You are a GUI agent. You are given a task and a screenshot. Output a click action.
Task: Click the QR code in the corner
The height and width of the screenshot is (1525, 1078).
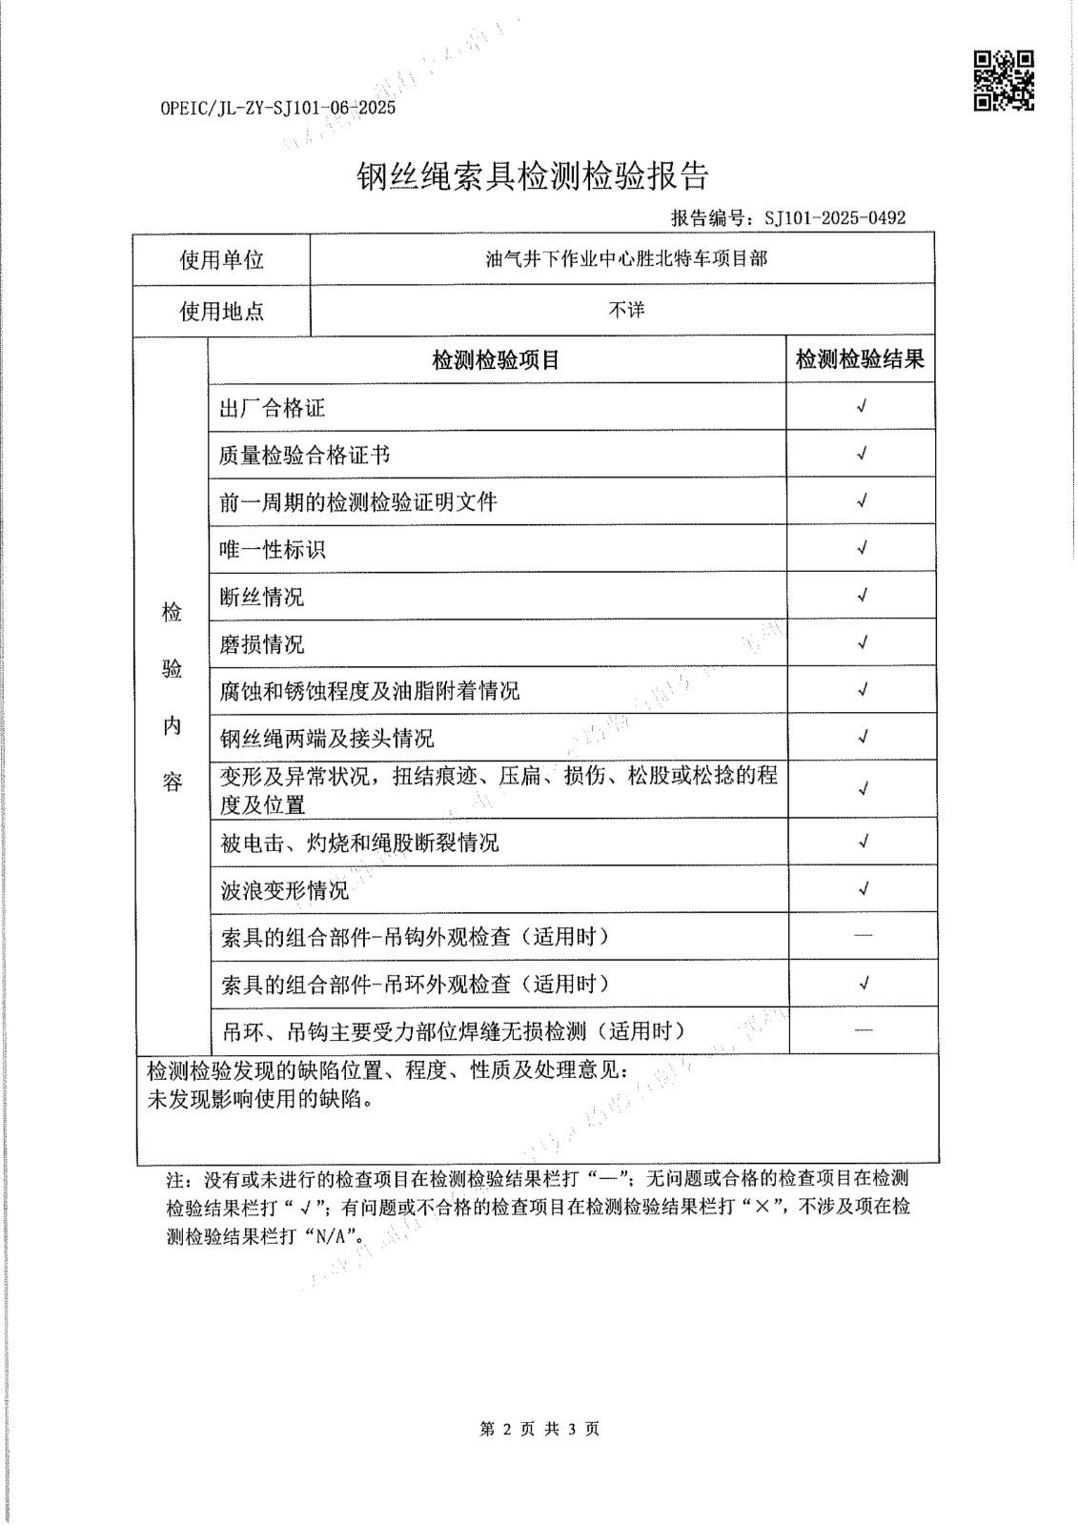coord(1004,81)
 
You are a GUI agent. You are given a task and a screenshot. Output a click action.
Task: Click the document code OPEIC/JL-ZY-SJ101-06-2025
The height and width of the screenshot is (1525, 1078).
coord(277,108)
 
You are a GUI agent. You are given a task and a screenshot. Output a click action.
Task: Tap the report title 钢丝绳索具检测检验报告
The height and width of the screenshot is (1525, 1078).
coord(533,175)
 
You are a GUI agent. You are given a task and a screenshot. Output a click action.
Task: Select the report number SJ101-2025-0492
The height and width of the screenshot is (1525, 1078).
coord(835,218)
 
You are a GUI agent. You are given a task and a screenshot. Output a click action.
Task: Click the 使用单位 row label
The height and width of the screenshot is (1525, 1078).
coord(222,260)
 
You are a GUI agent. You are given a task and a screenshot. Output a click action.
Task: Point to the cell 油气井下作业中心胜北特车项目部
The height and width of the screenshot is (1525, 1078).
coord(626,258)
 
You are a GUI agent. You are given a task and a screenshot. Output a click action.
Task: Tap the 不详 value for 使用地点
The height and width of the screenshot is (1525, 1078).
coord(626,310)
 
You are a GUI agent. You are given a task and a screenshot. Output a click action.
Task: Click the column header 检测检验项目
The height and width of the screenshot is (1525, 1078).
coord(496,360)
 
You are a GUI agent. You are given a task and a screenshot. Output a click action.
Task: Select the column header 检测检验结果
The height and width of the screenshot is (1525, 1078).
coord(860,359)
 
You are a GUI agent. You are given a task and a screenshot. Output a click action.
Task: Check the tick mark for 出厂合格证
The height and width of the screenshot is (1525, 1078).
coord(862,407)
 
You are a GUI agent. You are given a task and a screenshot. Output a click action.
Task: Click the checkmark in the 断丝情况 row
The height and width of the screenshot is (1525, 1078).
coord(862,596)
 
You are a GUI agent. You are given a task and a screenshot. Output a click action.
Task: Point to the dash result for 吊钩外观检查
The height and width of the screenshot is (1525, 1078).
coord(864,936)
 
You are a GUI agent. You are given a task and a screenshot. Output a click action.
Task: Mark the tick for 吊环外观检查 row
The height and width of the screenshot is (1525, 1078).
coord(864,983)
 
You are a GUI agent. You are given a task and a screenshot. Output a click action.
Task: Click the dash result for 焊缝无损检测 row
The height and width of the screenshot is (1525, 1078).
coord(864,1029)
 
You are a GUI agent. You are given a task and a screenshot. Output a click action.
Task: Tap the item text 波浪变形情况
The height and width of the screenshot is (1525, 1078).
coord(284,890)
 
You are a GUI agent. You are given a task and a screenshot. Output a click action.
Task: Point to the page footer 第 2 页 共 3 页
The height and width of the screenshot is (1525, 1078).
coord(539,1429)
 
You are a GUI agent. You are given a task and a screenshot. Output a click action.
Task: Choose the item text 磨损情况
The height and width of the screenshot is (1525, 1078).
coord(262,644)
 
